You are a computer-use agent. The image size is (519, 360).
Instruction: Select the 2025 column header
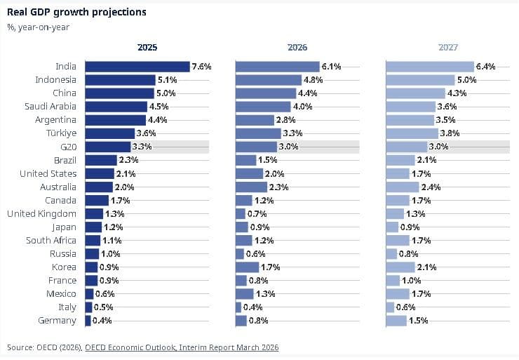click(x=147, y=48)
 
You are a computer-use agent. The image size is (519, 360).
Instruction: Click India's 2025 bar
click(x=137, y=67)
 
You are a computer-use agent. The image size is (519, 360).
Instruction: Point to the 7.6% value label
click(x=201, y=67)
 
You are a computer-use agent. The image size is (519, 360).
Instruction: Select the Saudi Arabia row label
click(x=53, y=107)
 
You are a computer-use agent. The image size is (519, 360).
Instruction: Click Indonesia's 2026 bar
click(x=268, y=80)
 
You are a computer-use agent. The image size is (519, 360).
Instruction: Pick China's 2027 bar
click(x=416, y=93)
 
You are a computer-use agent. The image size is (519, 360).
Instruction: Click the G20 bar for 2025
click(x=108, y=147)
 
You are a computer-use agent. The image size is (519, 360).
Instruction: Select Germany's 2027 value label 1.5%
click(x=419, y=321)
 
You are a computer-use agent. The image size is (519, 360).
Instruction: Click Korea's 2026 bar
click(x=248, y=267)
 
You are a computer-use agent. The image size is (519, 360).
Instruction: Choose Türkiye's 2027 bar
click(x=412, y=133)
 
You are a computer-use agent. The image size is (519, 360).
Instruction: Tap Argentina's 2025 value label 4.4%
click(x=158, y=120)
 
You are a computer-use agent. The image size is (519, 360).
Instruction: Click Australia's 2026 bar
click(x=251, y=187)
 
